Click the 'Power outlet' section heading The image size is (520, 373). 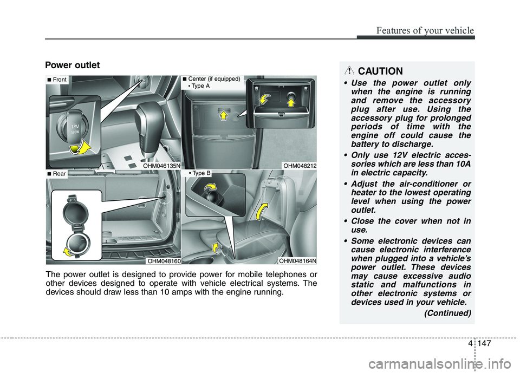click(x=73, y=66)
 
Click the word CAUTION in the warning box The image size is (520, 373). click(x=380, y=71)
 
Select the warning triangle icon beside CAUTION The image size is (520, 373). click(x=351, y=70)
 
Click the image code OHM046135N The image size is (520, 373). click(x=161, y=165)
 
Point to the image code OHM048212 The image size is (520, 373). click(x=300, y=165)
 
